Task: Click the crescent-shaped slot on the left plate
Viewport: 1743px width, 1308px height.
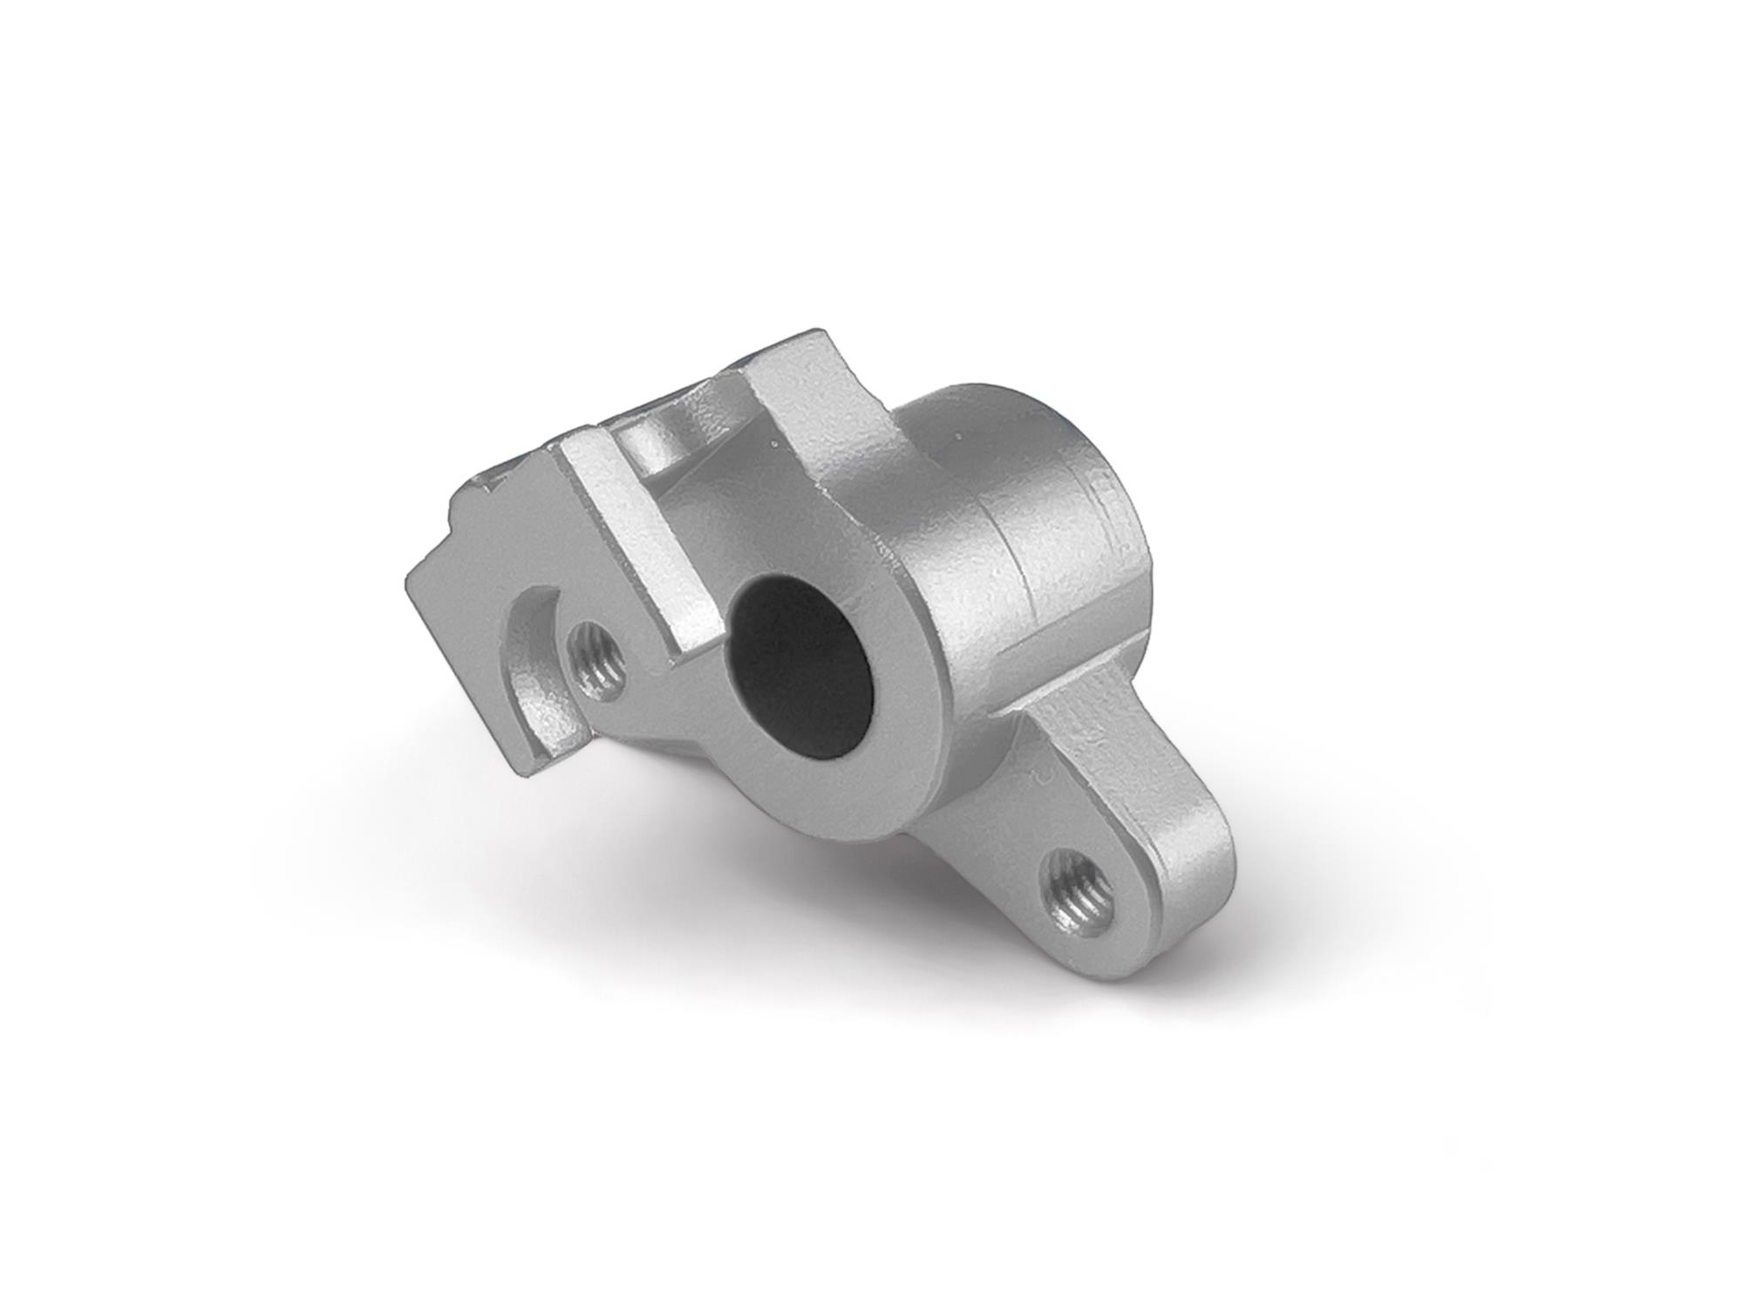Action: pos(527,650)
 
